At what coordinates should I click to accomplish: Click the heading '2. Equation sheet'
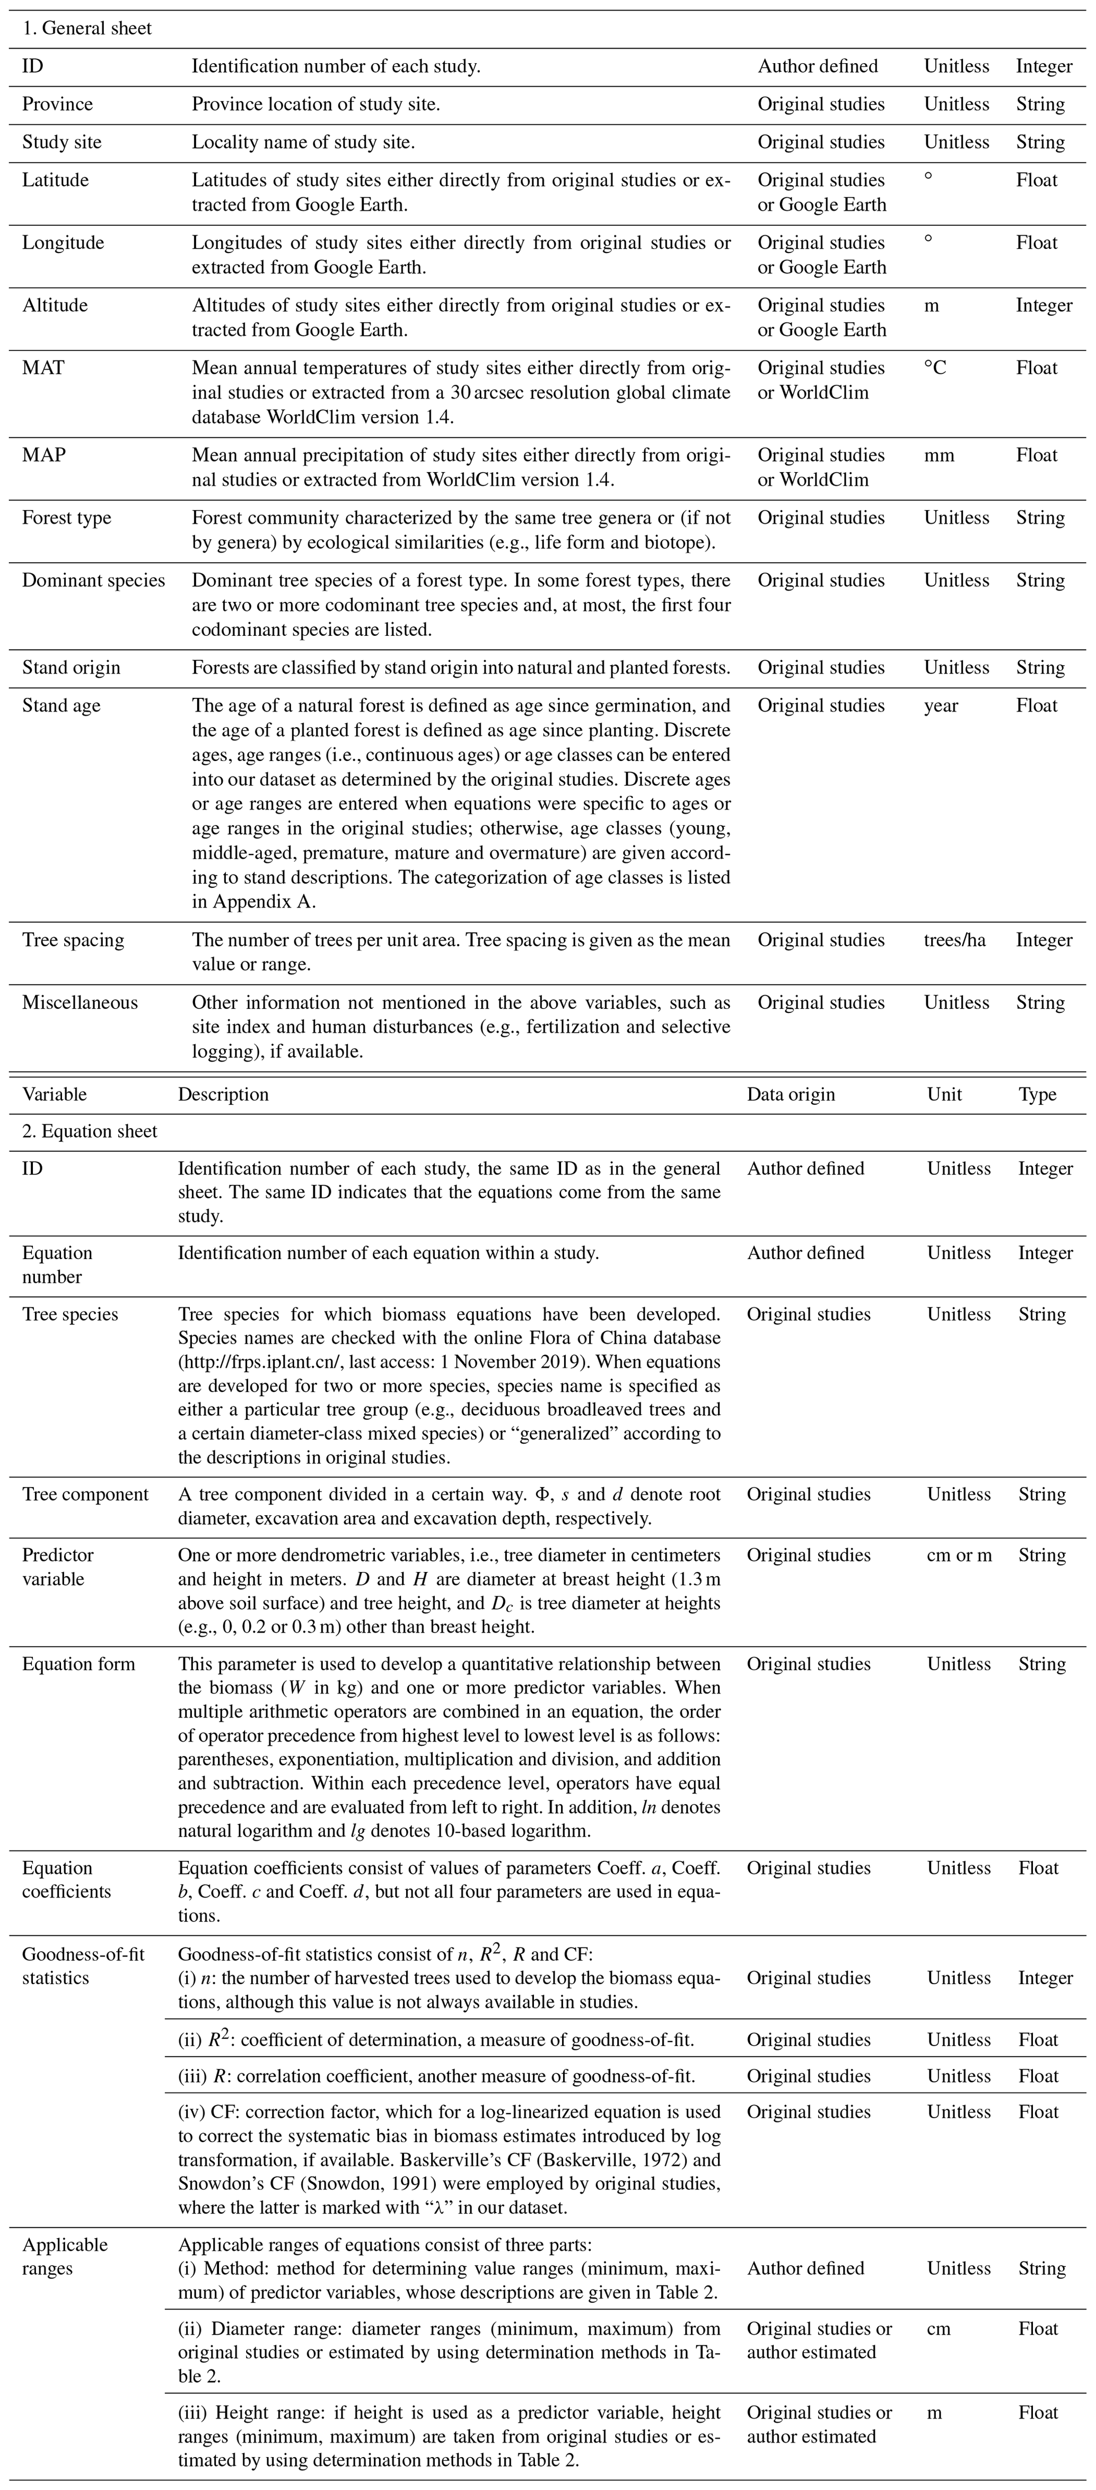[90, 1131]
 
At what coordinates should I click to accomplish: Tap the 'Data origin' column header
[791, 1094]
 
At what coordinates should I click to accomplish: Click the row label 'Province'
[58, 104]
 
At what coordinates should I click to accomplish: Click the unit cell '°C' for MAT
[935, 368]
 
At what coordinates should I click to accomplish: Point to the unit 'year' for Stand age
[941, 705]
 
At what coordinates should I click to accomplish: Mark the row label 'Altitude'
[55, 305]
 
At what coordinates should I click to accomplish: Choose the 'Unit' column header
[944, 1094]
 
